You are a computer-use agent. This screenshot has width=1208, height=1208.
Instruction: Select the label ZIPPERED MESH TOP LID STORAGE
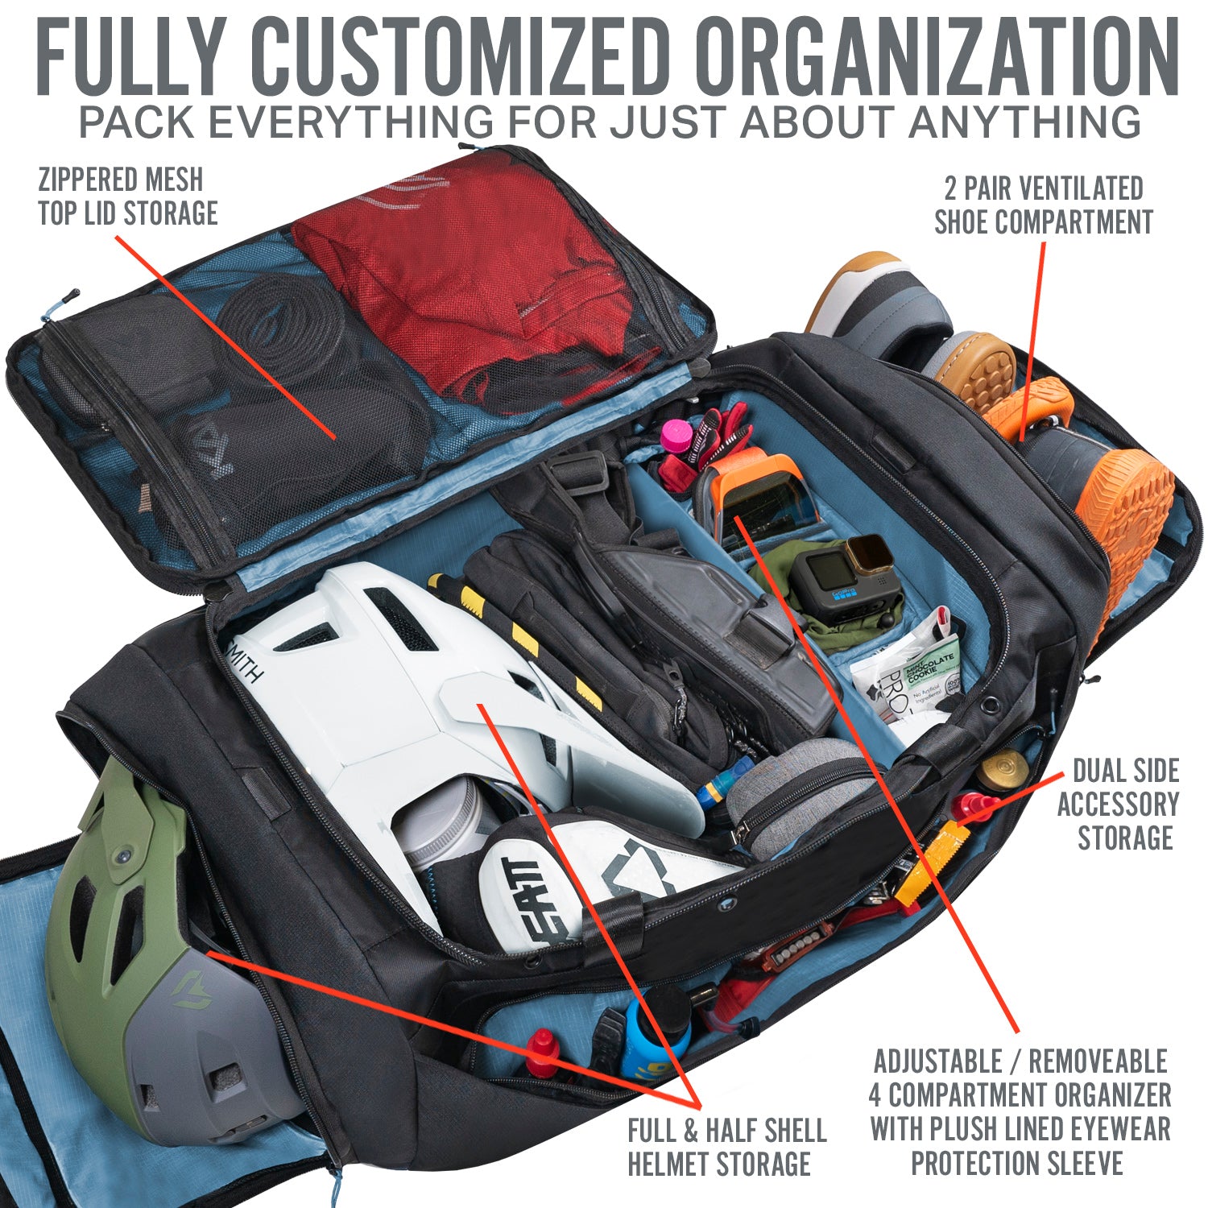[128, 196]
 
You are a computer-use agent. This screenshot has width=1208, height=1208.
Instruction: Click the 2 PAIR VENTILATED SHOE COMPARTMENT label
[1044, 205]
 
